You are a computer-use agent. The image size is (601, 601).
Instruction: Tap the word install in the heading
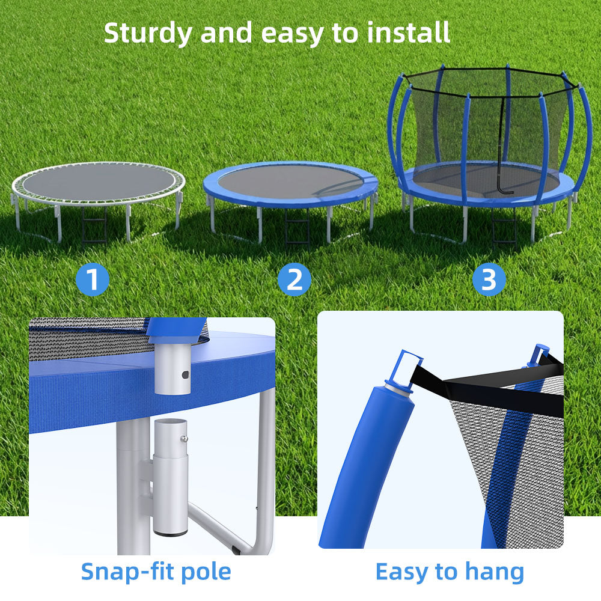tap(409, 32)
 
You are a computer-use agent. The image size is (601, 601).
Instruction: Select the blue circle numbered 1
tap(93, 280)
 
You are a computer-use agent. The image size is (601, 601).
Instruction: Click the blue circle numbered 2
tap(294, 280)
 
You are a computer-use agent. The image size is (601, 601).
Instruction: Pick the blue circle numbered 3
tap(489, 280)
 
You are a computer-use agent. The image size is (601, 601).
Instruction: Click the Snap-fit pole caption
tap(156, 571)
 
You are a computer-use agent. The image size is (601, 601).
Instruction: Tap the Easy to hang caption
tap(450, 571)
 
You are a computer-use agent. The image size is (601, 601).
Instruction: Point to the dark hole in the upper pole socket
tap(185, 374)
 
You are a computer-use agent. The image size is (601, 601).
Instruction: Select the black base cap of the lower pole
tap(171, 532)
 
